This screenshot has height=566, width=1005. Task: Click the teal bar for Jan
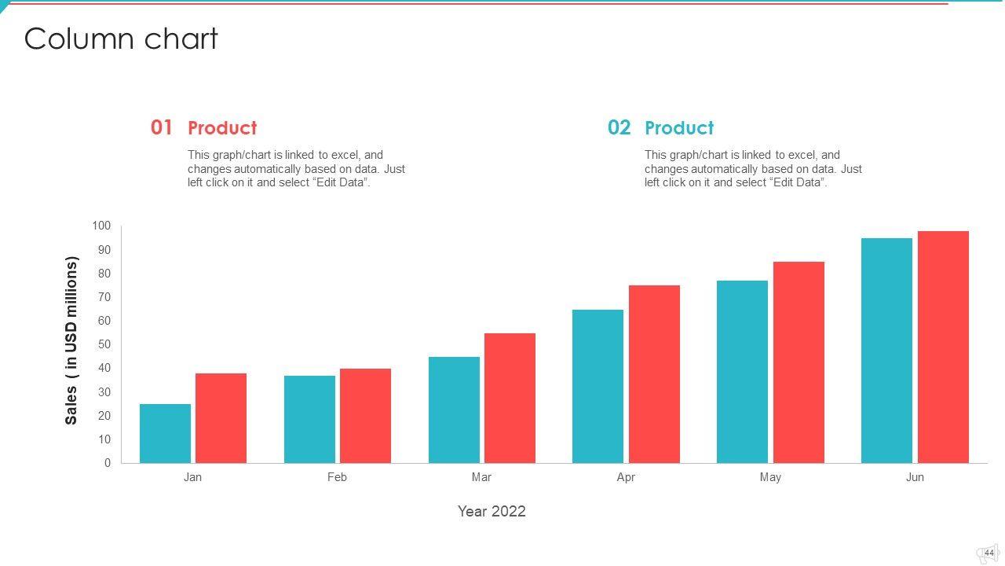point(165,433)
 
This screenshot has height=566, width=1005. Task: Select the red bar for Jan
point(221,418)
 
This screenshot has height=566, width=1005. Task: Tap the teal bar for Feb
point(309,419)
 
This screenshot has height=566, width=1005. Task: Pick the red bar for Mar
point(510,398)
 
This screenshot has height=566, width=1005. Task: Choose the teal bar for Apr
point(598,386)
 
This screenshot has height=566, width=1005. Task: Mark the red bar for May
point(799,362)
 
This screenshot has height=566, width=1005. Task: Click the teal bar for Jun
point(886,351)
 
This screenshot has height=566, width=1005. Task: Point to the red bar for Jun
point(943,347)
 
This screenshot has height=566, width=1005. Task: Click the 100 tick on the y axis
point(102,226)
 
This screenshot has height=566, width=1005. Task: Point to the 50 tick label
point(104,345)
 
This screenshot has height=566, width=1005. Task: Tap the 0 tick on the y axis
point(108,464)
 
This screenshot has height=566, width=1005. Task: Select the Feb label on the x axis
point(337,477)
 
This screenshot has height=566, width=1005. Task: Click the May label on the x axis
point(770,477)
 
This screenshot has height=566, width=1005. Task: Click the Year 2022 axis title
point(492,512)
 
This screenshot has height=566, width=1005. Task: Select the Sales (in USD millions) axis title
point(71,340)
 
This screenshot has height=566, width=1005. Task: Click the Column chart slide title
point(121,39)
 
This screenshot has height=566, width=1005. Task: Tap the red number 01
point(162,127)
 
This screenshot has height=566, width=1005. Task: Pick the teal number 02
point(619,127)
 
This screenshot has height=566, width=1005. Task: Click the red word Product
point(222,128)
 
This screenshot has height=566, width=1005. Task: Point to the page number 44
point(989,553)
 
